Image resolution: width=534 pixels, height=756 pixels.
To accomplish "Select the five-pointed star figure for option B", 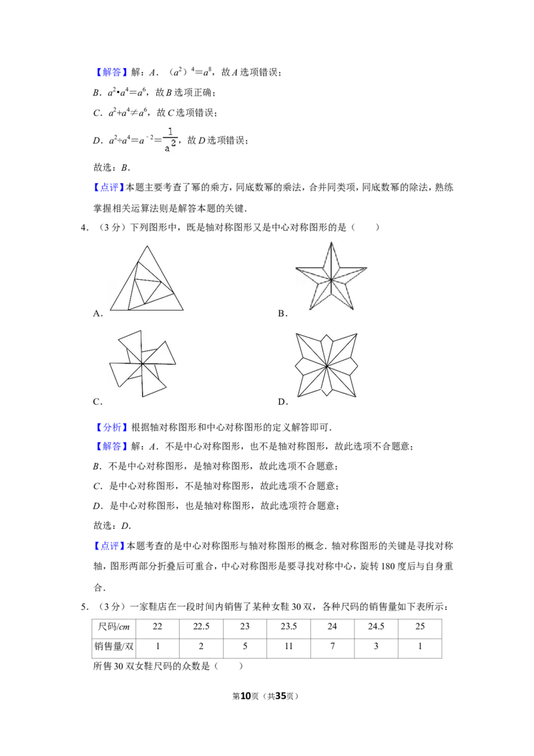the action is point(331,276).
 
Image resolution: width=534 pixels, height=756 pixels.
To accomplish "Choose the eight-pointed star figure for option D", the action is point(326,365).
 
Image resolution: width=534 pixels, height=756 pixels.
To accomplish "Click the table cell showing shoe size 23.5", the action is point(288,627).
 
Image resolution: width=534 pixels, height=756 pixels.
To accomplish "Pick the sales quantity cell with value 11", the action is point(288,646).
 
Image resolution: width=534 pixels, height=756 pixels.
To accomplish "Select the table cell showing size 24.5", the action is point(376,627).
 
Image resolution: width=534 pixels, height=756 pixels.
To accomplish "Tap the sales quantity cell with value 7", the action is point(332,646).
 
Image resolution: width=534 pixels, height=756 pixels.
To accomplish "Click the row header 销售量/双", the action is point(114,646).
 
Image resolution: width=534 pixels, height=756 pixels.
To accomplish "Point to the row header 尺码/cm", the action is point(114,627).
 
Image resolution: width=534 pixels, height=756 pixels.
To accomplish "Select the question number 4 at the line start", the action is point(84,228).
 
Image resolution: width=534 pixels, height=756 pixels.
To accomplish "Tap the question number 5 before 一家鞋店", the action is point(84,607).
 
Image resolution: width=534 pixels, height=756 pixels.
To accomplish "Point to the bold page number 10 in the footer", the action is point(246,696).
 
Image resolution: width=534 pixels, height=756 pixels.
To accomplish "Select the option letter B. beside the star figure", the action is point(282,314).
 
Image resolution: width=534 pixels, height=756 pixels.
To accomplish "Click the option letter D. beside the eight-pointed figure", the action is point(283,401).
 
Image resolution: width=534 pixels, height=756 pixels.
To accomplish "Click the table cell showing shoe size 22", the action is point(158,627).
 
